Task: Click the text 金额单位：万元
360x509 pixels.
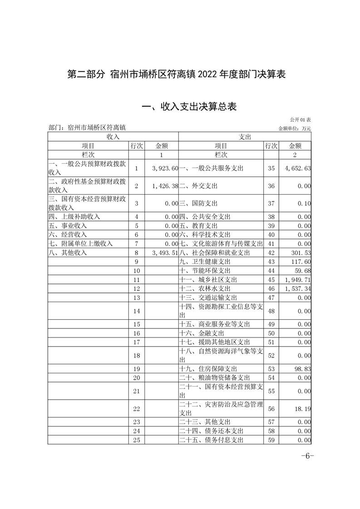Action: pyautogui.click(x=295, y=128)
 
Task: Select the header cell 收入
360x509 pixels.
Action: pyautogui.click(x=113, y=137)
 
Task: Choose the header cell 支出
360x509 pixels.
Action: pyautogui.click(x=245, y=137)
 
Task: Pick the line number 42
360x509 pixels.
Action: pyautogui.click(x=271, y=253)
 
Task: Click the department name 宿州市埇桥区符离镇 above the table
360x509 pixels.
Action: pyautogui.click(x=96, y=128)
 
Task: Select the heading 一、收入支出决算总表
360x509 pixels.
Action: pyautogui.click(x=189, y=107)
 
